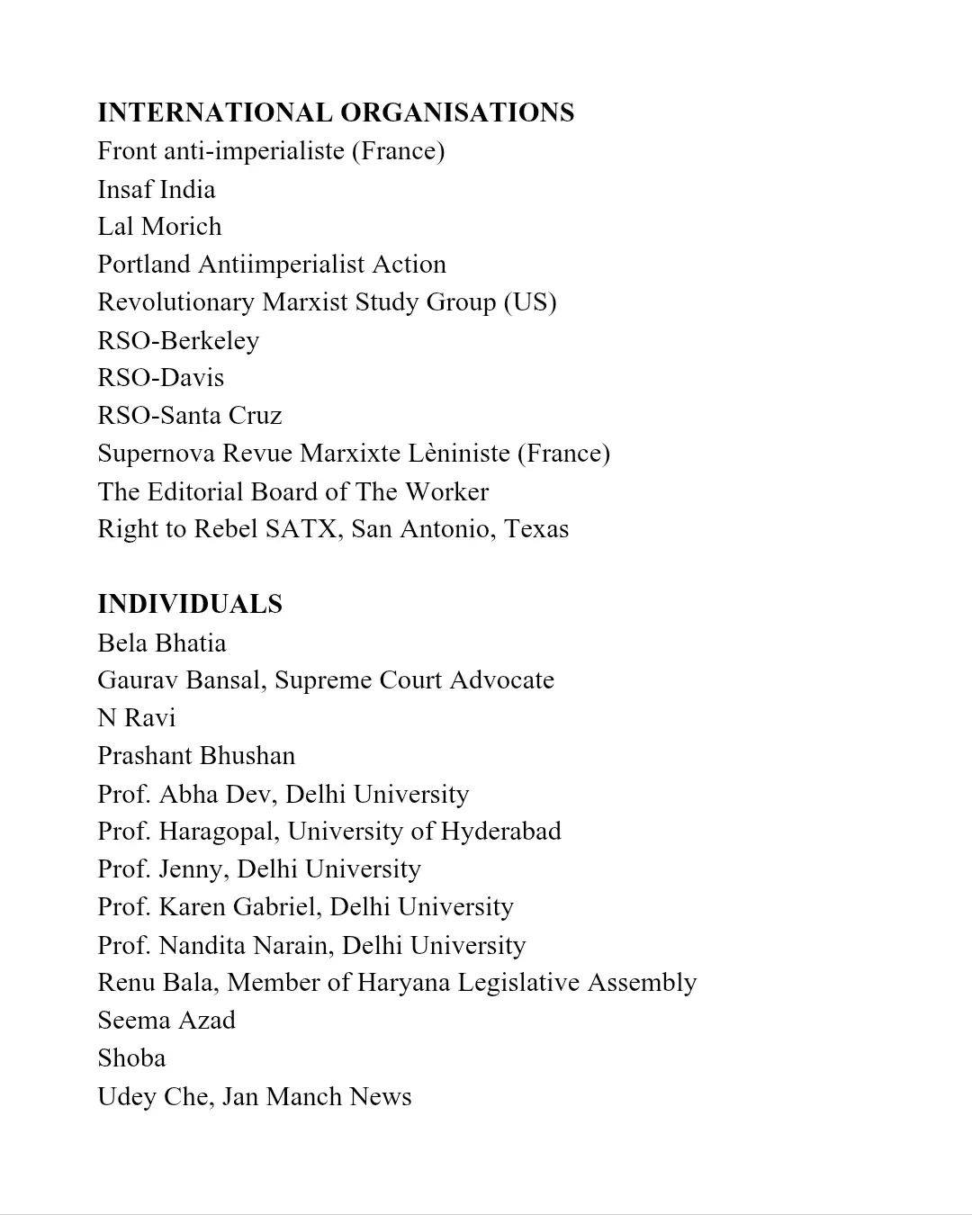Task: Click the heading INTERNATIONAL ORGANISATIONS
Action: pos(336,112)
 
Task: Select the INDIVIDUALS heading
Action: pos(190,604)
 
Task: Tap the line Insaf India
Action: pos(157,189)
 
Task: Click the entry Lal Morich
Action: pos(159,227)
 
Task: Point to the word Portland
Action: pos(144,265)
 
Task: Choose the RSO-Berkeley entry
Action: pos(178,340)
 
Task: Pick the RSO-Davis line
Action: pos(161,378)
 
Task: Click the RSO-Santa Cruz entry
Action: pos(190,416)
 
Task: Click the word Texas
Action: pos(536,529)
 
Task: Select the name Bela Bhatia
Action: pos(162,643)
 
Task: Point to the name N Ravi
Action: pos(137,718)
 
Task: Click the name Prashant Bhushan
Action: pos(196,756)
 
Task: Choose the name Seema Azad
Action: pos(166,1021)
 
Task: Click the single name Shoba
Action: pos(131,1058)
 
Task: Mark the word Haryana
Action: pos(402,983)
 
